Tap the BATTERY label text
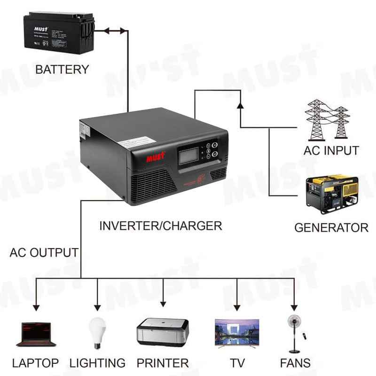pos(62,70)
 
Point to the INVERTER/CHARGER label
pos(160,226)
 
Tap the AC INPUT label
pos(331,151)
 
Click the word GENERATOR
pos(331,228)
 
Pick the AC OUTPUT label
pos(44,252)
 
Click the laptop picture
pos(36,334)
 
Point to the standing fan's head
pos(294,323)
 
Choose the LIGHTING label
pos(97,363)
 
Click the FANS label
pos(295,363)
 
